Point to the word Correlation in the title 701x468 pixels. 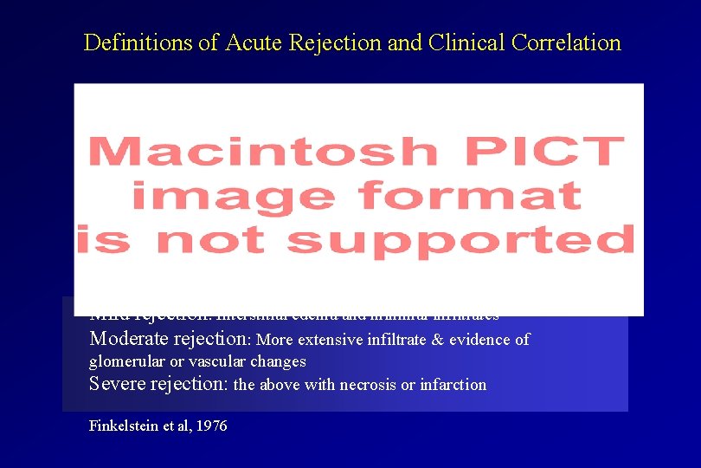pos(568,42)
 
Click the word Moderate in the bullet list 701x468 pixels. pos(131,339)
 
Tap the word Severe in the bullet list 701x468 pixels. pos(117,384)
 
